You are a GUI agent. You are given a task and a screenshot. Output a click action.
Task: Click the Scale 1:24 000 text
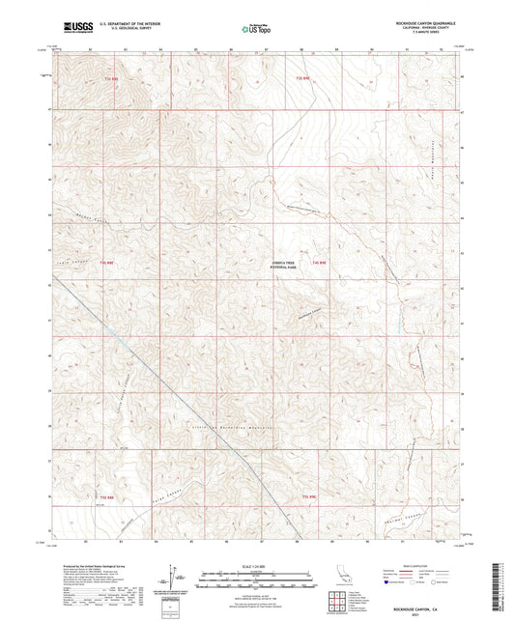click(x=256, y=566)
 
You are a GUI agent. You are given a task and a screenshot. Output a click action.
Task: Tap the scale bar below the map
click(x=256, y=575)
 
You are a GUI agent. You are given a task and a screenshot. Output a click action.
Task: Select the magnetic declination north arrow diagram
click(x=172, y=577)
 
